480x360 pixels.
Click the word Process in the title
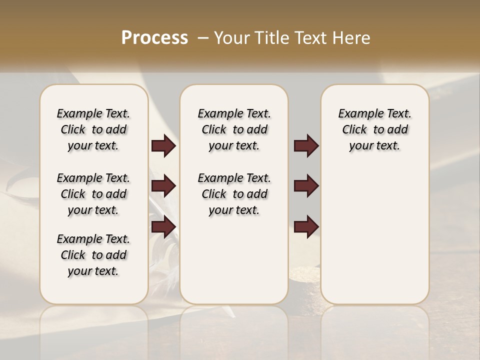(154, 38)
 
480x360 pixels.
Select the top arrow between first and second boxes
(163, 146)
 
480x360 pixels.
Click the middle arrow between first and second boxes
(163, 186)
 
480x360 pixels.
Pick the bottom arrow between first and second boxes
(163, 227)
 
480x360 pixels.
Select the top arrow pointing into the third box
(306, 146)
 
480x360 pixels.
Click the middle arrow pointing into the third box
(306, 186)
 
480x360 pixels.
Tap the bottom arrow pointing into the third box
(306, 227)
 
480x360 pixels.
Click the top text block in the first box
(93, 129)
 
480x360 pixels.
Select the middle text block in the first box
(93, 194)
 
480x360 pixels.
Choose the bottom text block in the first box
(93, 255)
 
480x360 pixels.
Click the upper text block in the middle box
(234, 129)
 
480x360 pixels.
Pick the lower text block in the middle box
(234, 194)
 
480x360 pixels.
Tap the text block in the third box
(374, 129)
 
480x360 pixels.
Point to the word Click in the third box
(354, 129)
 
